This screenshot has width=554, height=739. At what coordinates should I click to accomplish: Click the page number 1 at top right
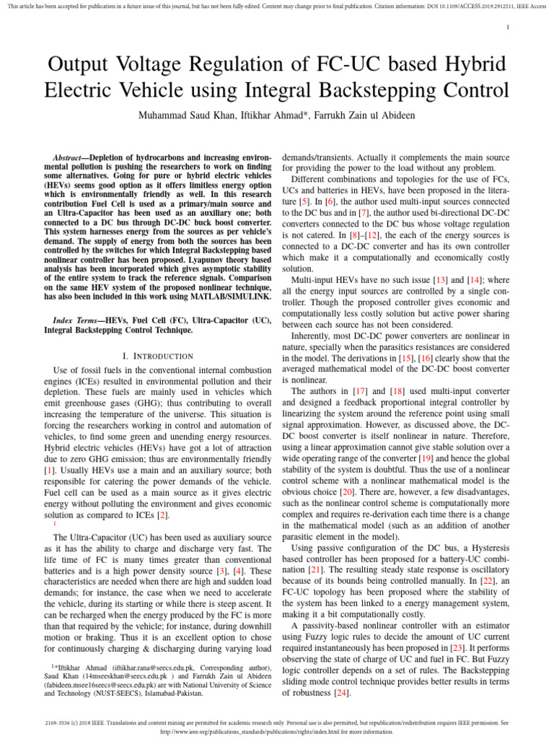[x=509, y=27]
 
